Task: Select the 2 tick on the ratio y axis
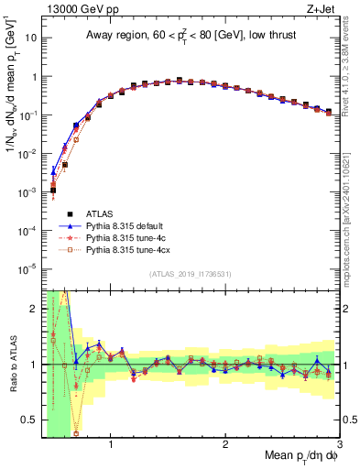[x=35, y=309]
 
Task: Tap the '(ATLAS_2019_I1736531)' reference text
[x=191, y=275]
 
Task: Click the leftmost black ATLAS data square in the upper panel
[x=53, y=190]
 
